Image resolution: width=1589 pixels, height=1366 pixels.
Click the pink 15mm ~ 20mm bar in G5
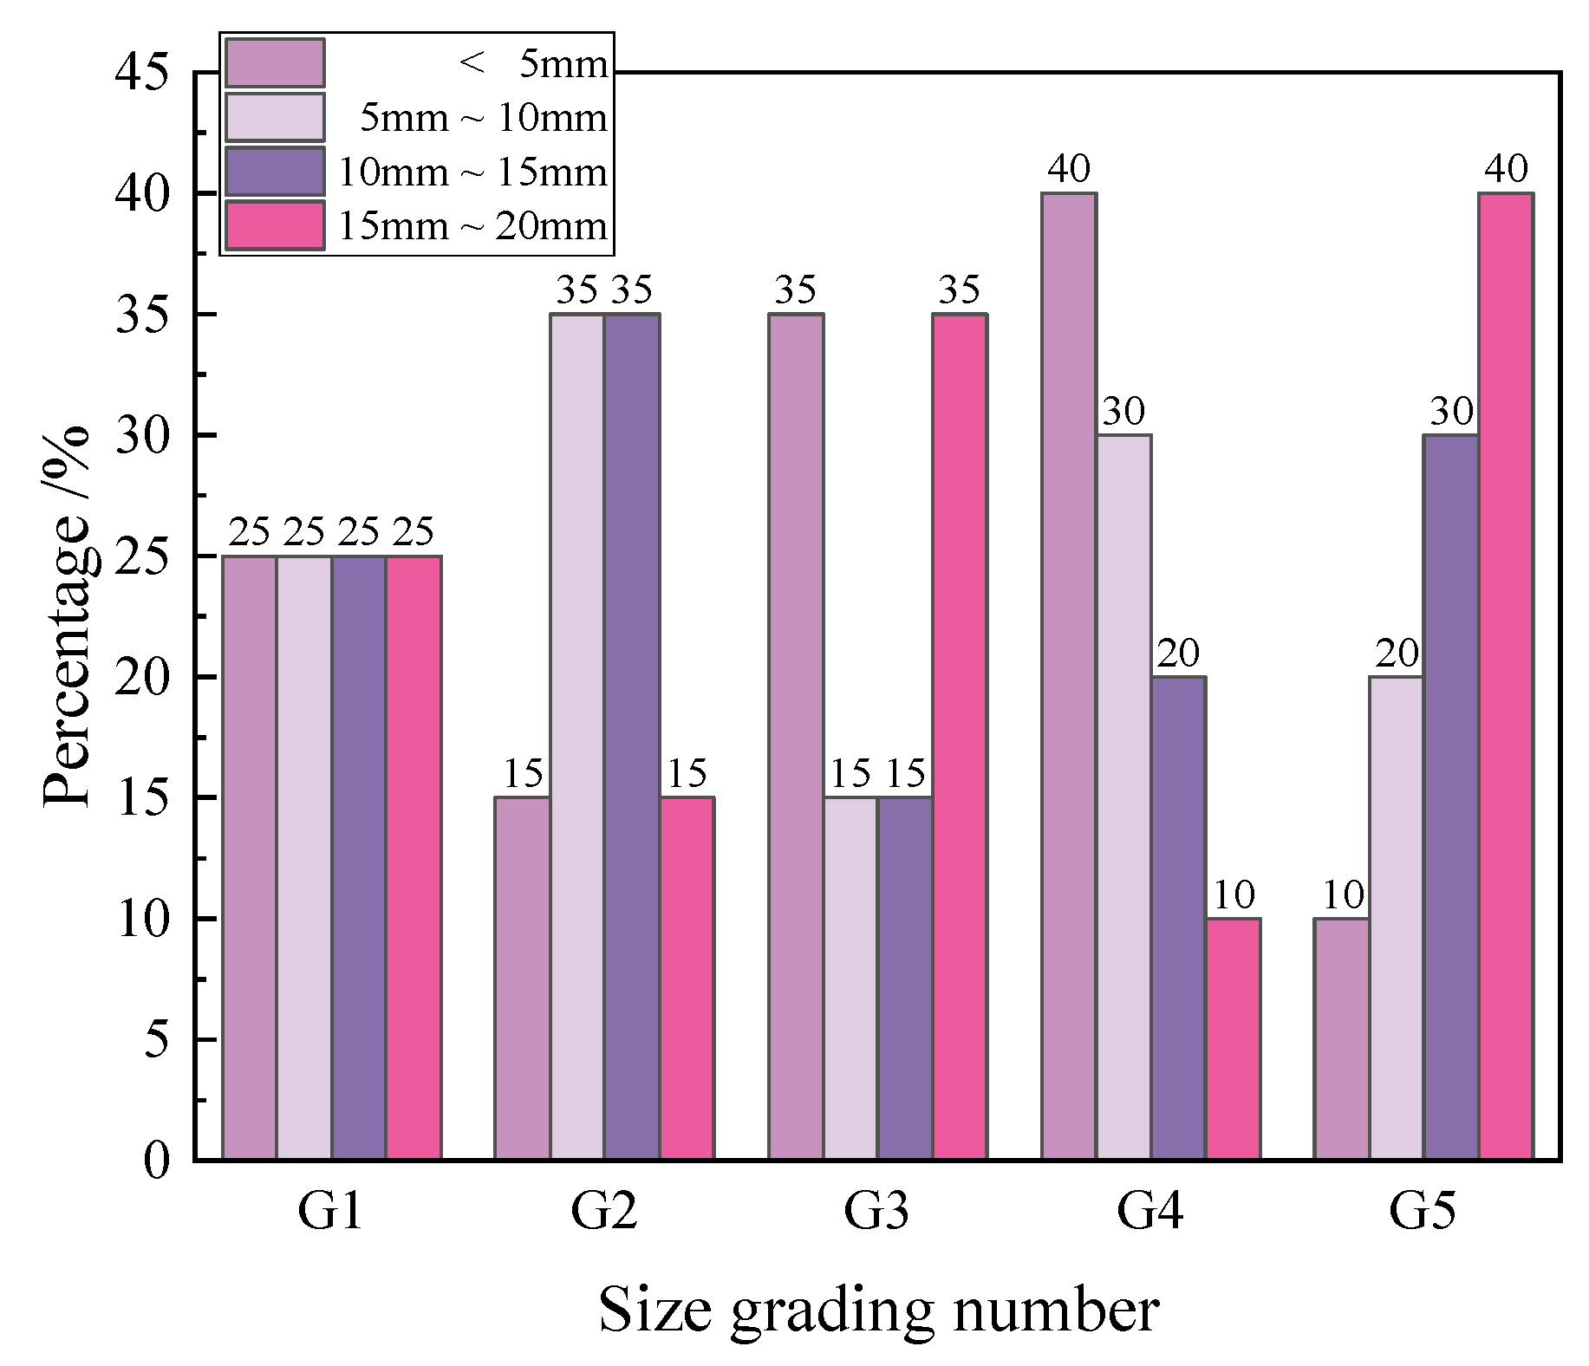[x=1506, y=676]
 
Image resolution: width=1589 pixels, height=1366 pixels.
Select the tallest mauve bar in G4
[x=1069, y=676]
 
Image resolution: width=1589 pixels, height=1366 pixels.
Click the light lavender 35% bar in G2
[x=577, y=737]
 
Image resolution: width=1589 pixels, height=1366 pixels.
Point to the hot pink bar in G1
[x=414, y=858]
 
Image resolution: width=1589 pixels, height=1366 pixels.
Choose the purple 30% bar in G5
[x=1451, y=797]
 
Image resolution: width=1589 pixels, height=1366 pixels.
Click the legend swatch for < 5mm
[x=275, y=63]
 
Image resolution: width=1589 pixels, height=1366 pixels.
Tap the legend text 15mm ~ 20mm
[x=472, y=226]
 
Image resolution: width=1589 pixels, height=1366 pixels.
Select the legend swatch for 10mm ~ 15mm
[x=275, y=172]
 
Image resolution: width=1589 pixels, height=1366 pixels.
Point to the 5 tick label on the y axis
[x=156, y=1039]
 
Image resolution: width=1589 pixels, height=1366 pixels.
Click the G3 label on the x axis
[x=876, y=1212]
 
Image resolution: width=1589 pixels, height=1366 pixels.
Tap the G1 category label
[x=330, y=1212]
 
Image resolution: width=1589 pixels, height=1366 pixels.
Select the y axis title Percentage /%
[x=67, y=615]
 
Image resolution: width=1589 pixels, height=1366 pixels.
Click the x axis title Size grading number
[x=877, y=1311]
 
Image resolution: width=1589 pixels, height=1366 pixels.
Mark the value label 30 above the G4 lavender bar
[x=1123, y=412]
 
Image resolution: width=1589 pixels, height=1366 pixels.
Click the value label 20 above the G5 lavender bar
[x=1397, y=654]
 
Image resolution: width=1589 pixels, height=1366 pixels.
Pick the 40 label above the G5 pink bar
[x=1506, y=169]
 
